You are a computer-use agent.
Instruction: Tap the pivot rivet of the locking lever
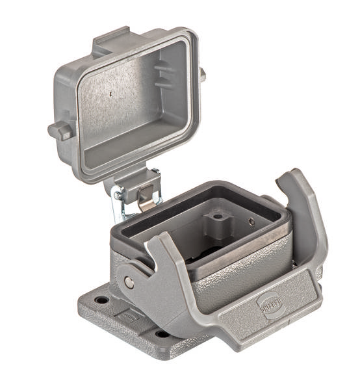(x=129, y=281)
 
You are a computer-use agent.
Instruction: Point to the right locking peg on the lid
(x=202, y=75)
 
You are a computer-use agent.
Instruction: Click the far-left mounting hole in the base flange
(x=101, y=300)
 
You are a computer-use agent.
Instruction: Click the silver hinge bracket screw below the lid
(x=117, y=194)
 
